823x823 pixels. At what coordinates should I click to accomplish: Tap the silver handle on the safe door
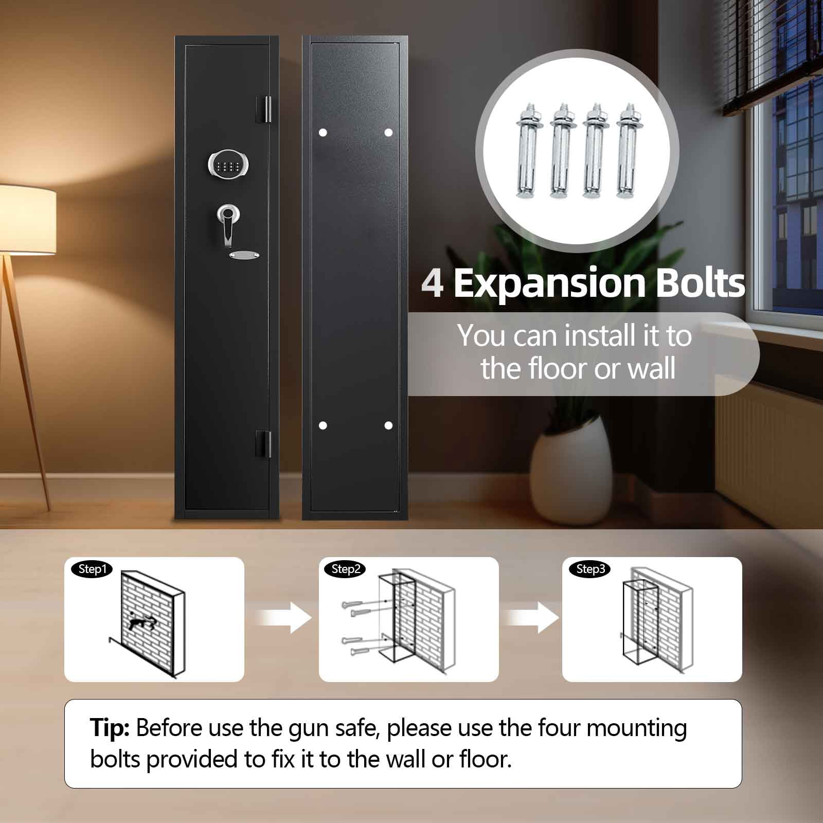point(226,221)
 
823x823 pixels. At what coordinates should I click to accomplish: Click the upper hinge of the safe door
point(264,110)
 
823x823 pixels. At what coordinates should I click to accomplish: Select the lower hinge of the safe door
point(264,443)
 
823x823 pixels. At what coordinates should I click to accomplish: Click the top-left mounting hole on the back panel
point(323,133)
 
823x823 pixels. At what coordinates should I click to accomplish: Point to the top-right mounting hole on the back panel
point(388,133)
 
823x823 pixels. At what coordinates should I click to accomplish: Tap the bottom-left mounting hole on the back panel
point(323,425)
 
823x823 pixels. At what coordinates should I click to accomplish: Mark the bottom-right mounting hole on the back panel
point(388,425)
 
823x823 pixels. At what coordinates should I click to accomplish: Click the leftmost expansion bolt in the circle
point(527,151)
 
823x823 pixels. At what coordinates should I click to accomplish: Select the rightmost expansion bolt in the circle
point(628,151)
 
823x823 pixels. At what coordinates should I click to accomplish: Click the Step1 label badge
point(92,569)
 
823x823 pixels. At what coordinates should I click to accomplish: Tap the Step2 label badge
point(345,569)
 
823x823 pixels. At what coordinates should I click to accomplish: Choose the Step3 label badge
point(590,569)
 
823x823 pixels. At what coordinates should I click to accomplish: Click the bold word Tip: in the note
point(110,728)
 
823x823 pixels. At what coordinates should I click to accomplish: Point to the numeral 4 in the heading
point(433,283)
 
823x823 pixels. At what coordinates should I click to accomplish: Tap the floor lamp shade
point(27,220)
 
